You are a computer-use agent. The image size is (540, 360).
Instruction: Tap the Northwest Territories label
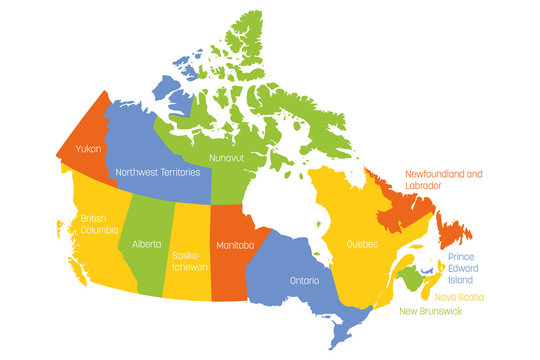point(158,171)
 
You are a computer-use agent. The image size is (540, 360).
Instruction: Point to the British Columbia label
point(97,224)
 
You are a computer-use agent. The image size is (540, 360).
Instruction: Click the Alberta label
point(146,243)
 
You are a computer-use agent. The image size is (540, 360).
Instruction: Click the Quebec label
point(362,243)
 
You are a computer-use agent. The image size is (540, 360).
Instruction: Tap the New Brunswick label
point(437,313)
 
